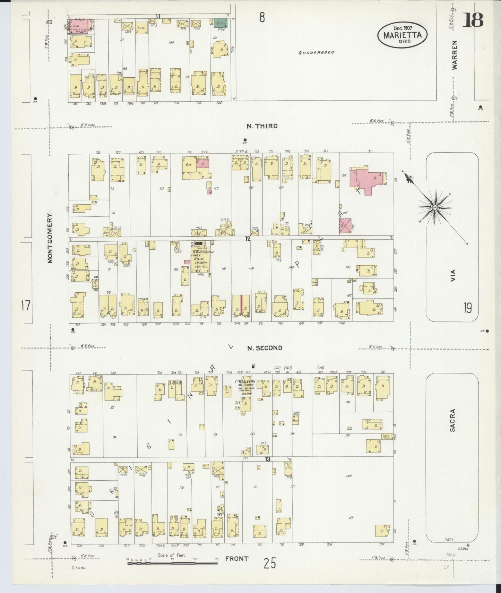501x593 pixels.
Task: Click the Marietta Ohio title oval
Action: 402,35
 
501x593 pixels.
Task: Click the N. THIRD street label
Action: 262,126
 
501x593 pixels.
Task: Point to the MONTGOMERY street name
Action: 50,238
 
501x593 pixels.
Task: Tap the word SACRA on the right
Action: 452,420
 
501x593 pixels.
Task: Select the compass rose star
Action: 434,207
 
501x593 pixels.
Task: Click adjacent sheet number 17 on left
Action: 26,306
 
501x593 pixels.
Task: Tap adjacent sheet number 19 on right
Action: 467,308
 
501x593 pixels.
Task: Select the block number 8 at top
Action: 262,17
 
